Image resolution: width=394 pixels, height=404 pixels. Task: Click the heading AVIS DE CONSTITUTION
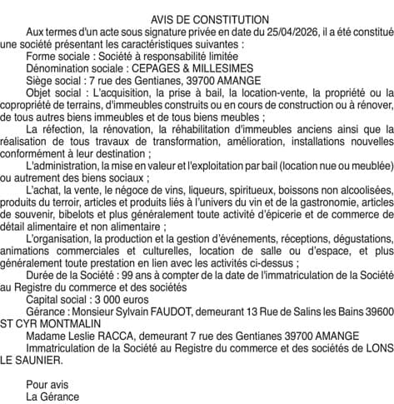click(197, 19)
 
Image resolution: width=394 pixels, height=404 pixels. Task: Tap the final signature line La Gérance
click(52, 397)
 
